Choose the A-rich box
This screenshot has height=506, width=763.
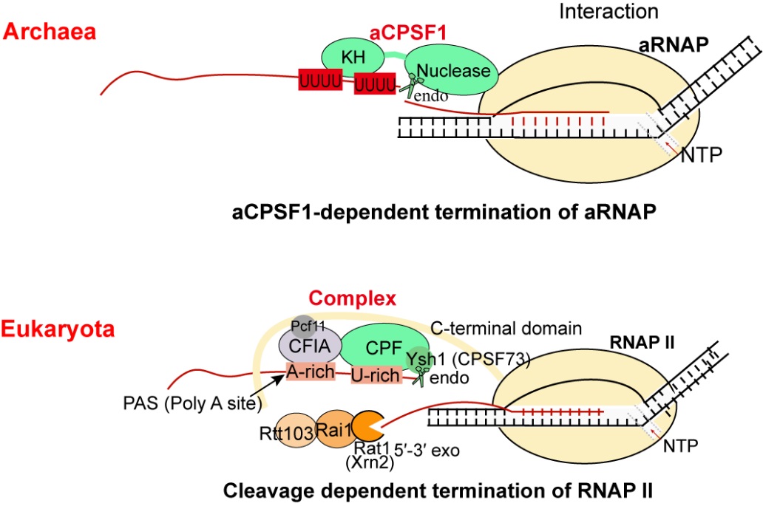(313, 372)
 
